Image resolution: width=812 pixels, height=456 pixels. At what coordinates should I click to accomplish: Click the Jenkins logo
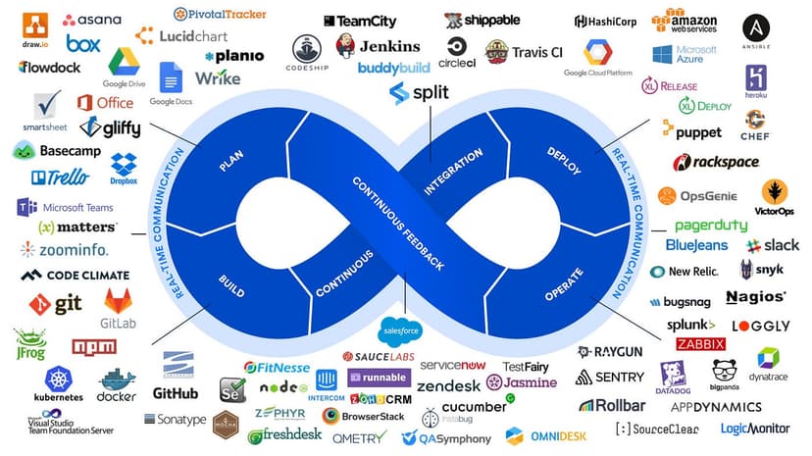(x=377, y=45)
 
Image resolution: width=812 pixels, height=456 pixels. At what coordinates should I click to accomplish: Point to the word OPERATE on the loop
(x=564, y=284)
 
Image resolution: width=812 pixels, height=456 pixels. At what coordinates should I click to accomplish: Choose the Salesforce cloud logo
(x=399, y=329)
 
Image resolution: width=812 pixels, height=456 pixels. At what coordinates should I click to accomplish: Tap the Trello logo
(x=60, y=177)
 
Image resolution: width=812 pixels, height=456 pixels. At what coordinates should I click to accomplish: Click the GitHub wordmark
(x=176, y=393)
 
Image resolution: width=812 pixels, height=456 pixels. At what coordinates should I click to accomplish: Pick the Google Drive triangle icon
(x=125, y=65)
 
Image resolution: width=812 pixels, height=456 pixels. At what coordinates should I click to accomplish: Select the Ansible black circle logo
(x=755, y=27)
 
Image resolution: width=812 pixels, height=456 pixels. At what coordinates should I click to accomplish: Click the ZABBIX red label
(x=700, y=344)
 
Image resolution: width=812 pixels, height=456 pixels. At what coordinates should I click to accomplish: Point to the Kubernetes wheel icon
(x=58, y=378)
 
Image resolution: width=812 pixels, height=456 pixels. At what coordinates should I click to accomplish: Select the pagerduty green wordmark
(x=710, y=226)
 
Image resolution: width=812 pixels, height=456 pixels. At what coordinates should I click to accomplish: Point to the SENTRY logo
(x=610, y=377)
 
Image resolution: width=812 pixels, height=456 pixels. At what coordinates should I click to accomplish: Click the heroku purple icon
(x=755, y=78)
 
